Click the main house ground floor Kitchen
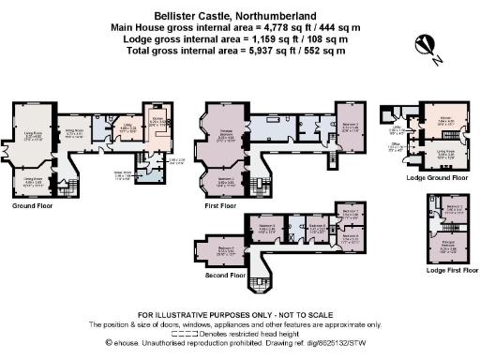click(x=157, y=122)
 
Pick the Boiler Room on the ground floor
click(x=122, y=174)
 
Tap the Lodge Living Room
click(x=446, y=156)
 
